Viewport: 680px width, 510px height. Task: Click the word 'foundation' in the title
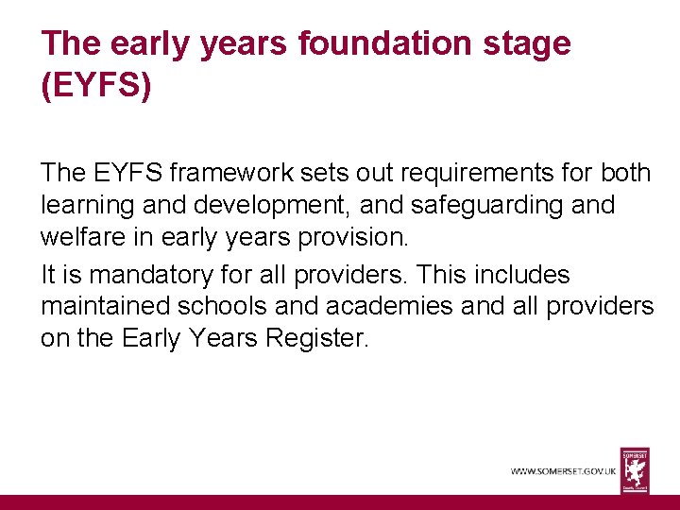(x=355, y=43)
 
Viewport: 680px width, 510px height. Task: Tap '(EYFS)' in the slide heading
(x=95, y=86)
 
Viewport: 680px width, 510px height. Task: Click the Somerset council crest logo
(x=635, y=469)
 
